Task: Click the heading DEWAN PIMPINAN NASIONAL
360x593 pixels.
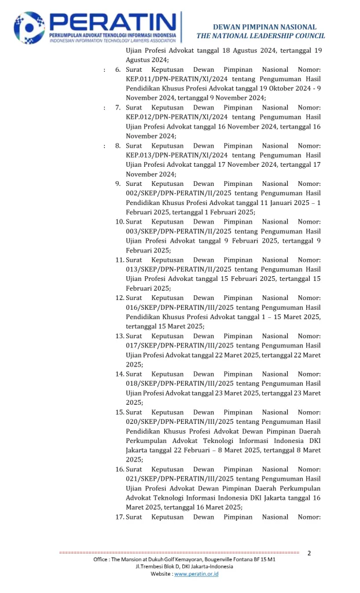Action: pyautogui.click(x=265, y=27)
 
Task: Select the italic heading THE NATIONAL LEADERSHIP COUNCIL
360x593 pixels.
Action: pyautogui.click(x=260, y=36)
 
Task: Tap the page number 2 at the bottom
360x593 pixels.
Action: pyautogui.click(x=309, y=553)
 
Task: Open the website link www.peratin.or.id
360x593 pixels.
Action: pyautogui.click(x=196, y=574)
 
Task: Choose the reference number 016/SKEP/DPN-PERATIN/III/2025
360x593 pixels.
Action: pyautogui.click(x=179, y=308)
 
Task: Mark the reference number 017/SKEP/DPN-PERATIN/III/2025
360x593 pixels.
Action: pyautogui.click(x=179, y=346)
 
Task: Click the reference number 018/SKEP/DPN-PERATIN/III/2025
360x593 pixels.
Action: pyautogui.click(x=179, y=383)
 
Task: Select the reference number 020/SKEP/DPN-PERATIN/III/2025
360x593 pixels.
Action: pyautogui.click(x=179, y=422)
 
